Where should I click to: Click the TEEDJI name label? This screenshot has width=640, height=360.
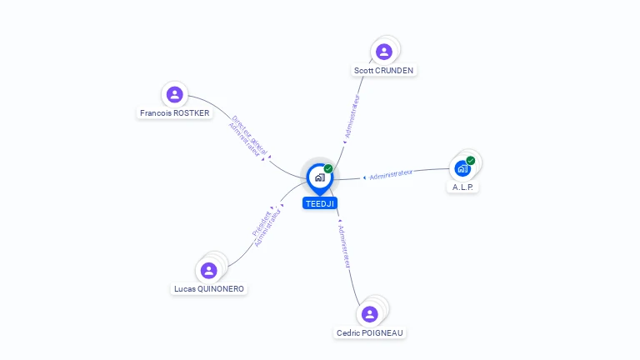click(x=320, y=203)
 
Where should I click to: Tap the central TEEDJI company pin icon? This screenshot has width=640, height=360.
click(x=320, y=178)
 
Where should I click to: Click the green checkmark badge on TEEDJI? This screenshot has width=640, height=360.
click(x=328, y=168)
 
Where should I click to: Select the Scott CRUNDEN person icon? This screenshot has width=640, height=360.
click(x=384, y=52)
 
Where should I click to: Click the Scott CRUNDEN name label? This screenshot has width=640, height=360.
click(x=383, y=71)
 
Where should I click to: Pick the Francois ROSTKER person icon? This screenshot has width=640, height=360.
click(x=175, y=94)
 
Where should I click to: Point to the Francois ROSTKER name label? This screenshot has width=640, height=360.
click(x=175, y=113)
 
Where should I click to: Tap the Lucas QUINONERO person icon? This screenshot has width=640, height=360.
click(x=208, y=270)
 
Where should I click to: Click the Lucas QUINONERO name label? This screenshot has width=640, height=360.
click(x=209, y=289)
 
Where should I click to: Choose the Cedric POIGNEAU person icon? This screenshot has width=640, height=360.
click(x=370, y=314)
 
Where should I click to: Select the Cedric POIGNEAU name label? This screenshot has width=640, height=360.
click(x=370, y=333)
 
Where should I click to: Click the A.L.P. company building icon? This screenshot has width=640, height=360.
click(x=462, y=168)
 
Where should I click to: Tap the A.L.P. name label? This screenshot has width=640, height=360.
click(x=462, y=187)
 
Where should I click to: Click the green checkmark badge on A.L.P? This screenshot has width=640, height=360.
click(x=471, y=160)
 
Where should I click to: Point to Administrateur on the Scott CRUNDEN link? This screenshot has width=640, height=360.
click(x=352, y=117)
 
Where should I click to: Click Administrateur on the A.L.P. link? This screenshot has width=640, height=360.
click(x=391, y=174)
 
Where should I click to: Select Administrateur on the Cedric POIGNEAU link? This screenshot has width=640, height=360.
click(x=344, y=247)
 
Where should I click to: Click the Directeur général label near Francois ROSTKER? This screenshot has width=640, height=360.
click(x=249, y=135)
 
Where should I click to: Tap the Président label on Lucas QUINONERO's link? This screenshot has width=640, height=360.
click(x=262, y=223)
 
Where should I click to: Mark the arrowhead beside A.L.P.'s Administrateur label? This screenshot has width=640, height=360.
click(x=364, y=177)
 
